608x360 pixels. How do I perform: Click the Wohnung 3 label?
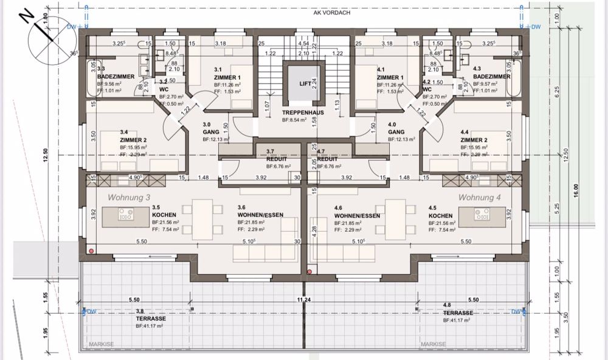[x=129, y=198]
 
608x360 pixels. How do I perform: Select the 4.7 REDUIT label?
[x=328, y=158]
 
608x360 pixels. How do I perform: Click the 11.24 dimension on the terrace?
[x=304, y=300]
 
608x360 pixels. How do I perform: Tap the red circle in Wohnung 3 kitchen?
[x=91, y=251]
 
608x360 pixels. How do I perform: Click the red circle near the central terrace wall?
[x=310, y=272]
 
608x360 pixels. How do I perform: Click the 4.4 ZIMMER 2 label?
[x=474, y=136]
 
